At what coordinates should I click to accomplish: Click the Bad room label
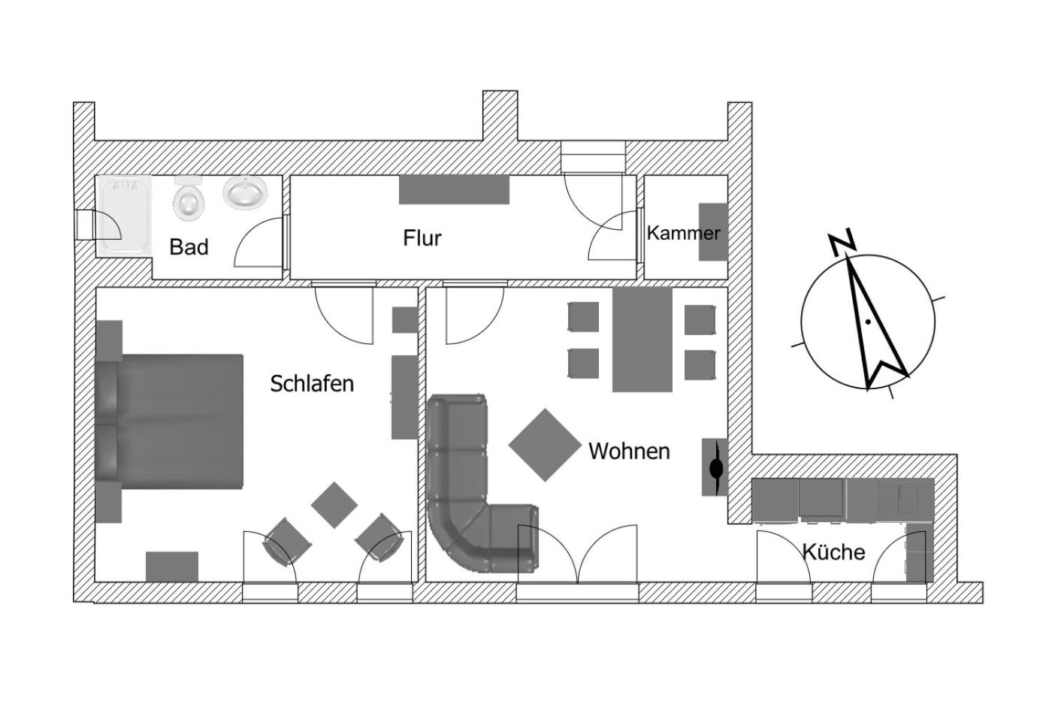(189, 247)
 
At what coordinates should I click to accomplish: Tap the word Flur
(422, 238)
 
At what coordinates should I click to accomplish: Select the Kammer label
(683, 233)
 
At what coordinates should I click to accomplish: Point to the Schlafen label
(312, 384)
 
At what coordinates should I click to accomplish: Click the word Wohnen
(629, 452)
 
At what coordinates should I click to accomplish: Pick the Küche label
(833, 551)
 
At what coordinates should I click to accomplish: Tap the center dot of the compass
(868, 322)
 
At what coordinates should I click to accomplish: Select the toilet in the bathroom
(189, 198)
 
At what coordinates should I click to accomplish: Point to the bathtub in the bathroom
(124, 216)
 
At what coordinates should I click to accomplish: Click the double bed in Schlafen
(169, 422)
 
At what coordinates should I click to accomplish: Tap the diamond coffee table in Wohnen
(545, 445)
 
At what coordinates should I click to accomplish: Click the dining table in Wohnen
(642, 340)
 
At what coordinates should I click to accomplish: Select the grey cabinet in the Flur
(454, 189)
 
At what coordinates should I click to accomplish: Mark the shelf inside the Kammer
(713, 232)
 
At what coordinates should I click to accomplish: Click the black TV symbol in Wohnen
(716, 467)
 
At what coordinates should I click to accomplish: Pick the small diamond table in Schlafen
(334, 505)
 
